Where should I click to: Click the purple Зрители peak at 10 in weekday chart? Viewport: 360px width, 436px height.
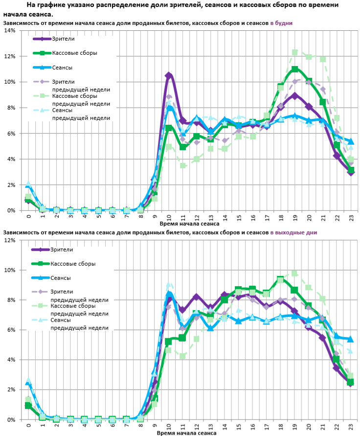(x=169, y=75)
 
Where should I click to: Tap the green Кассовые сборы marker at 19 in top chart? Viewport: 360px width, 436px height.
(x=295, y=69)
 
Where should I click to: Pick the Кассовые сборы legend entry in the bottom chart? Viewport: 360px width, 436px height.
(x=73, y=264)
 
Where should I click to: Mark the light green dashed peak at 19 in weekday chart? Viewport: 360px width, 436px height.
(x=295, y=52)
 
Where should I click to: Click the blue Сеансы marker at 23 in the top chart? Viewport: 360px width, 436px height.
(x=351, y=141)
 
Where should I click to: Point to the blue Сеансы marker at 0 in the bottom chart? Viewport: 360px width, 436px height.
(x=28, y=384)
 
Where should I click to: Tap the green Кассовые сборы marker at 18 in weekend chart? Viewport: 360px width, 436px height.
(x=280, y=280)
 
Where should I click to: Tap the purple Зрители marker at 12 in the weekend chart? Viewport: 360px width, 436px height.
(x=197, y=297)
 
